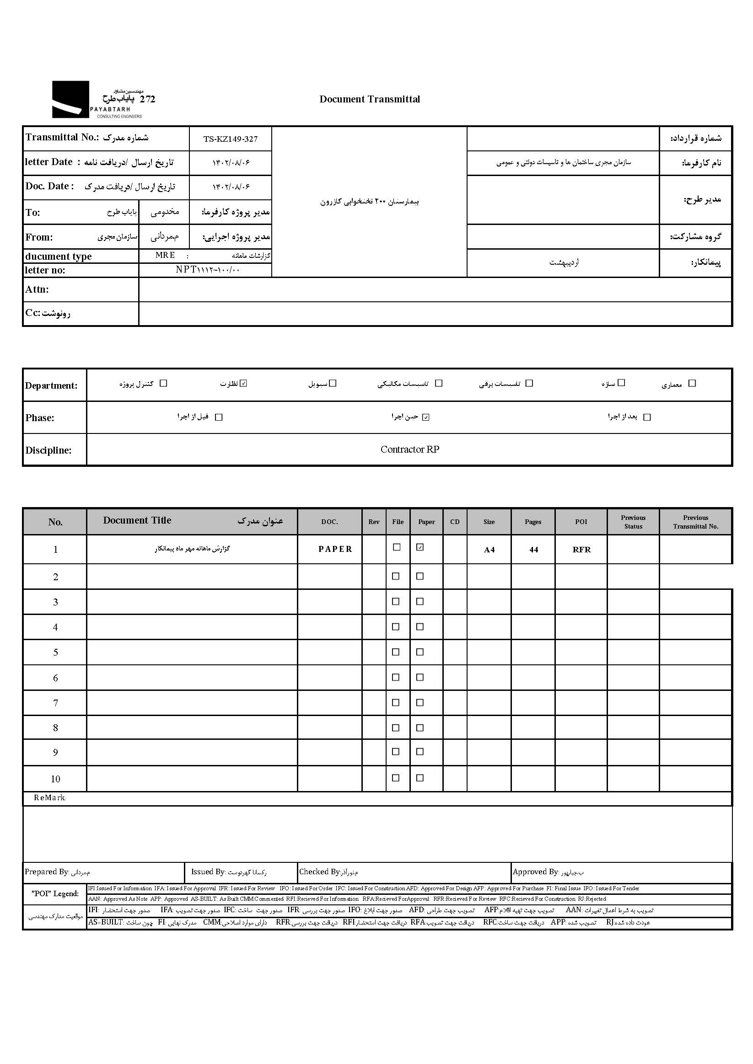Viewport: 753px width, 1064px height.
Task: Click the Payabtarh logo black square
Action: click(x=70, y=99)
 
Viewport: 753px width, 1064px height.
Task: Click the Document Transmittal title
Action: click(x=370, y=99)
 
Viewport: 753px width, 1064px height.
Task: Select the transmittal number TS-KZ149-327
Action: click(x=231, y=139)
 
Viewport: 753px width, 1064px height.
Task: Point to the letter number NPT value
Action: click(x=207, y=270)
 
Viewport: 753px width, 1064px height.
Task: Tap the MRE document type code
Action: click(x=165, y=255)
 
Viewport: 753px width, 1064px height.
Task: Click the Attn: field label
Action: click(x=37, y=289)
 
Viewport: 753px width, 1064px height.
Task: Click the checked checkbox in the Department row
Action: click(x=244, y=383)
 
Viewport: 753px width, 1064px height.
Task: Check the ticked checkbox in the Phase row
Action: click(x=426, y=417)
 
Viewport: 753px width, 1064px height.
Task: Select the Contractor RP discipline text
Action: click(x=409, y=449)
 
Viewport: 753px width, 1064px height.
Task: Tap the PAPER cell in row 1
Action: click(x=335, y=549)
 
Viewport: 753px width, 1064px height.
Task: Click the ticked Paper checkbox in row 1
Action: click(x=420, y=547)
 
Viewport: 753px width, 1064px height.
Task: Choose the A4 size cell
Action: click(x=489, y=550)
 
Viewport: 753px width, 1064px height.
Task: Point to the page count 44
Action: click(x=533, y=550)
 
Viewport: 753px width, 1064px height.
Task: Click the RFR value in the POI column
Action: click(x=581, y=550)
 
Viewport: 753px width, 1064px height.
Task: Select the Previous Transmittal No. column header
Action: click(x=695, y=522)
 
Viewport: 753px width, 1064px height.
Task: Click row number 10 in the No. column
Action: click(x=55, y=779)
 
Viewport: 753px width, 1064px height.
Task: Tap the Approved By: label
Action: click(x=536, y=872)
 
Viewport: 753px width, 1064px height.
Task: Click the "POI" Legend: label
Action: click(x=55, y=893)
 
